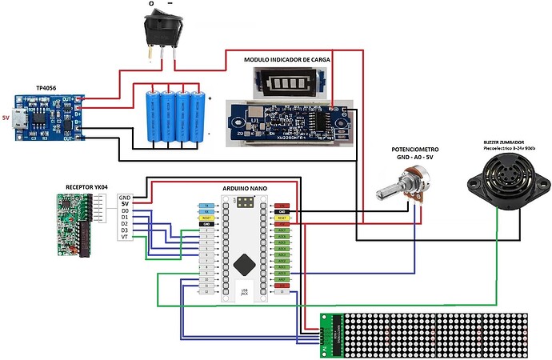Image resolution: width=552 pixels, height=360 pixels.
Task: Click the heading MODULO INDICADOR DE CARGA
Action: pyautogui.click(x=287, y=60)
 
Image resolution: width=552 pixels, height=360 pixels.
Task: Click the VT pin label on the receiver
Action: pyautogui.click(x=124, y=238)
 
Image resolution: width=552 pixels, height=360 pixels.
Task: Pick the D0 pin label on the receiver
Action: pyautogui.click(x=124, y=211)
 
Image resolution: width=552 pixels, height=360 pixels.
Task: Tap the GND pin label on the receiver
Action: pyautogui.click(x=124, y=198)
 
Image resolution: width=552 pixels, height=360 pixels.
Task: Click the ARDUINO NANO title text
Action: pyautogui.click(x=245, y=189)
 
